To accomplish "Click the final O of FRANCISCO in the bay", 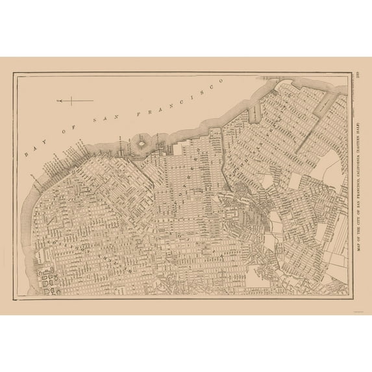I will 221,84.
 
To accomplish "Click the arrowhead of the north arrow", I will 58,100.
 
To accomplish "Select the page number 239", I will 359,75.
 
